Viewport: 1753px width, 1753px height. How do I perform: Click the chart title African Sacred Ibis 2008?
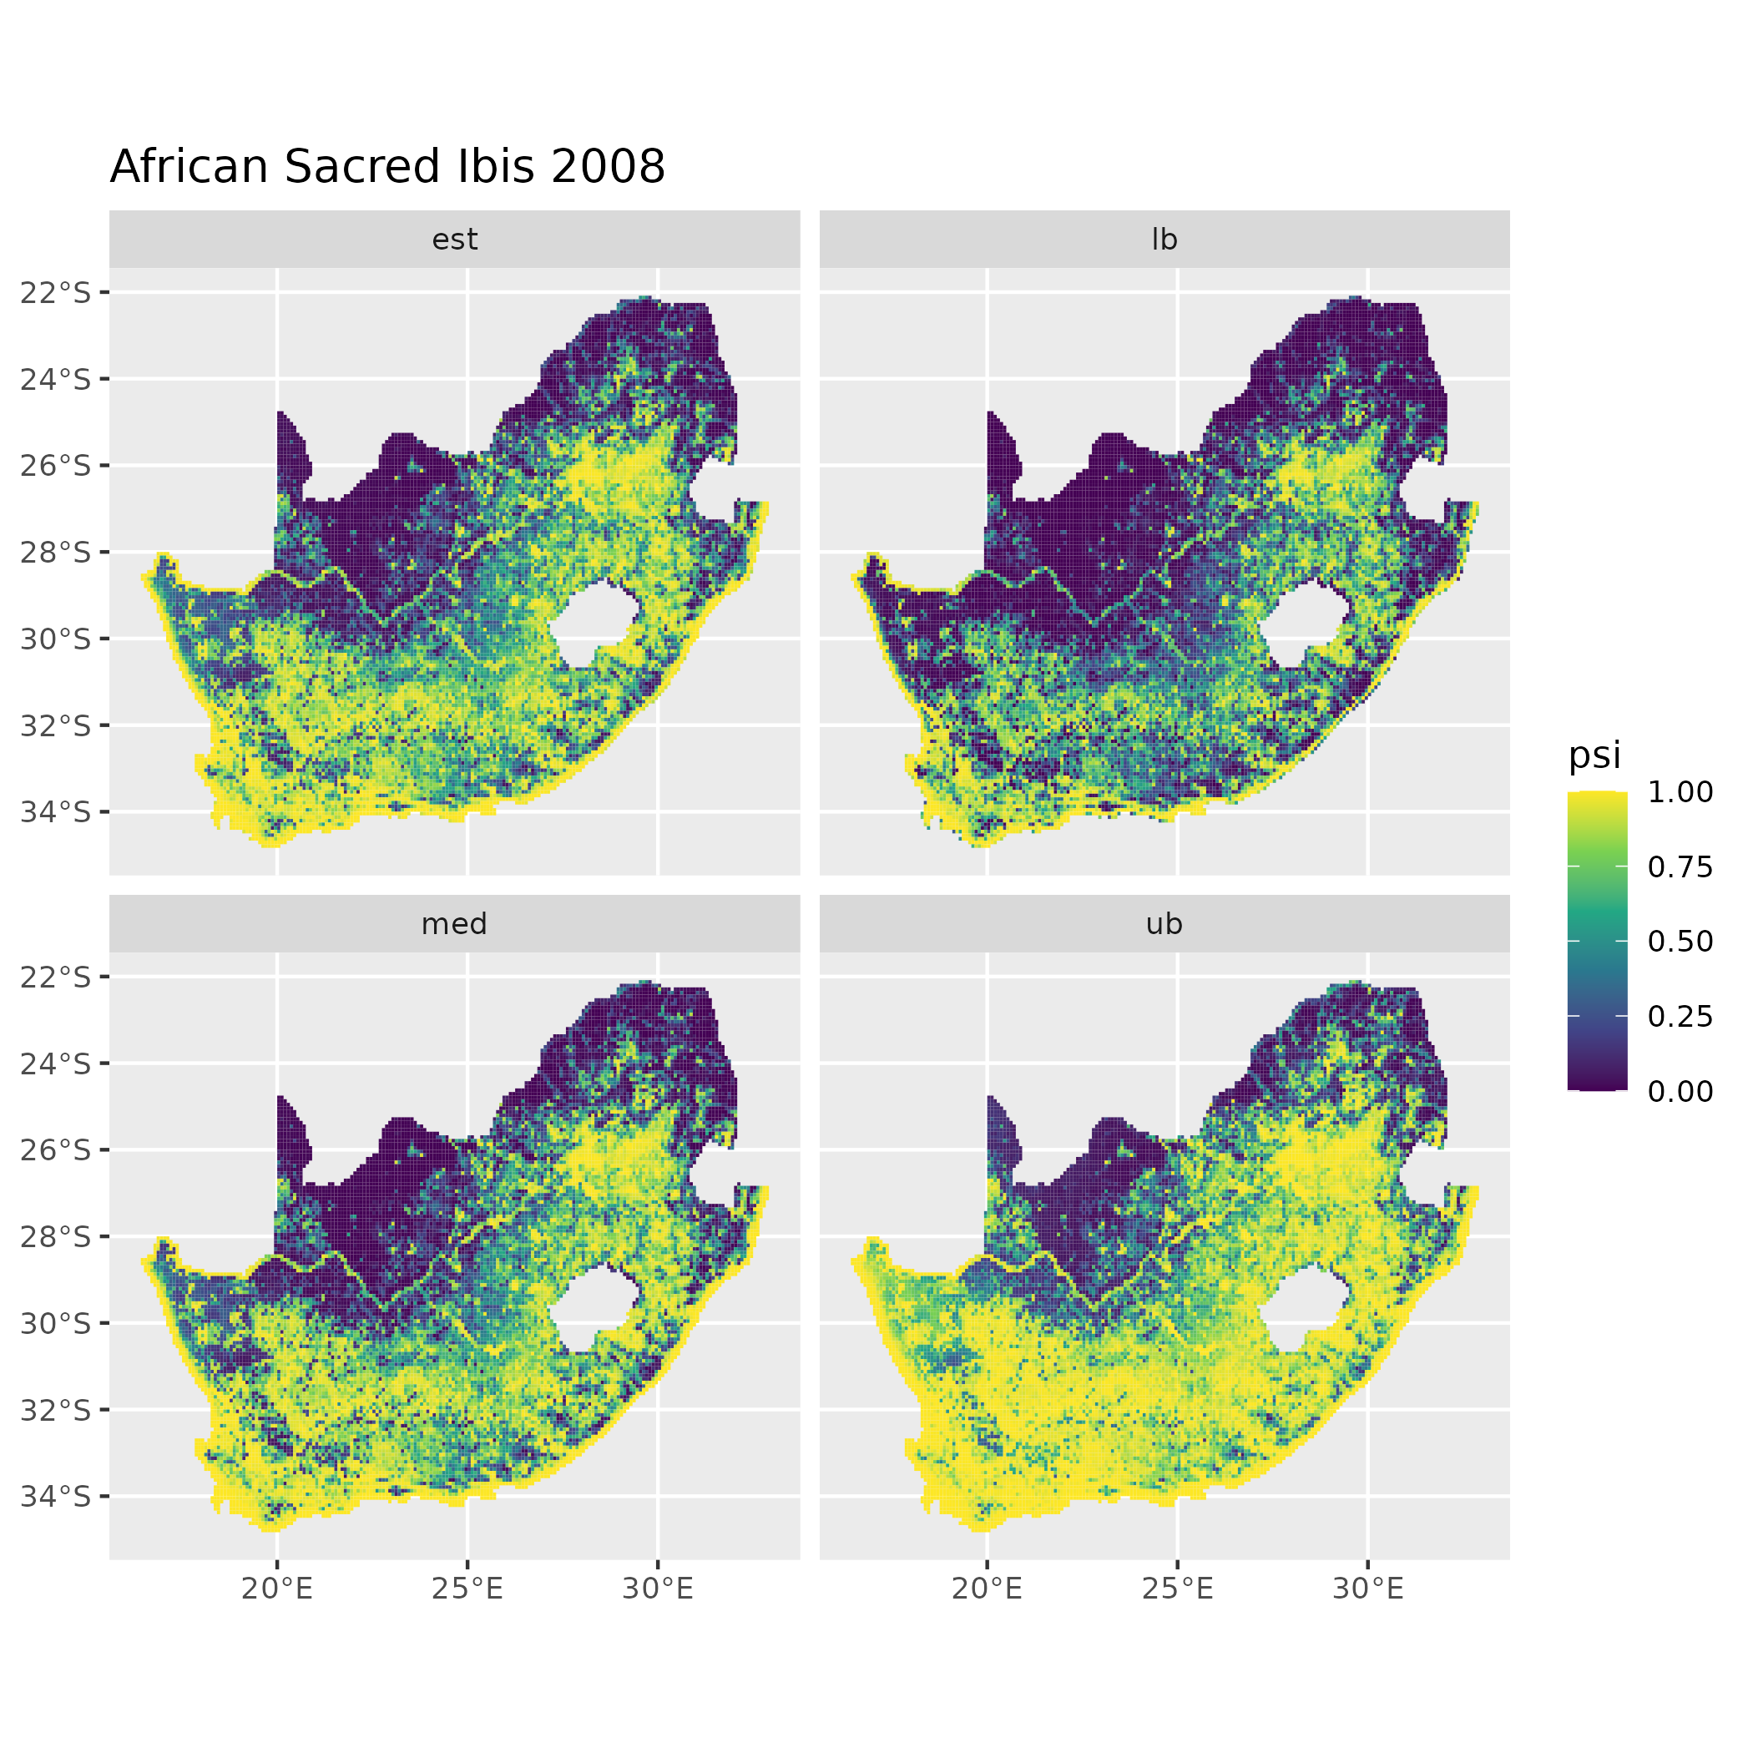(x=387, y=168)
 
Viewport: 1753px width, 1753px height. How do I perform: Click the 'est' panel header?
(x=455, y=240)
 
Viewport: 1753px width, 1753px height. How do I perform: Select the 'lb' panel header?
(x=1164, y=240)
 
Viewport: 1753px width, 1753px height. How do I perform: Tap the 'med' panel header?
(x=455, y=925)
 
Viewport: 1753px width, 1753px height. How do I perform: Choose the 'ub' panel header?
(x=1164, y=925)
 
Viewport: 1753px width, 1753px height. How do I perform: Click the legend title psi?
(x=1594, y=755)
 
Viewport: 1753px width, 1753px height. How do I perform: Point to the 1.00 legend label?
(x=1680, y=792)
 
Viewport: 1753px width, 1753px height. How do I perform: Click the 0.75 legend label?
(x=1680, y=867)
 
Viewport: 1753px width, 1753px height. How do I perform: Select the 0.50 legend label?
(x=1680, y=942)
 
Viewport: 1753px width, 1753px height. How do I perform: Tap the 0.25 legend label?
(x=1680, y=1016)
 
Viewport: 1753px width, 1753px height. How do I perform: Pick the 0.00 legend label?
(x=1680, y=1091)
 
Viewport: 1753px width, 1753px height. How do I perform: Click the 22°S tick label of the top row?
(x=56, y=293)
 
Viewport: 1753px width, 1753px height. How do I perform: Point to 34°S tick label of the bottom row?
(x=56, y=1496)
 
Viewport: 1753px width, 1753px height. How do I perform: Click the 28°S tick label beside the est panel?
(x=56, y=553)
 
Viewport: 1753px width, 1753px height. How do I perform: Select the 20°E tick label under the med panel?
(x=277, y=1589)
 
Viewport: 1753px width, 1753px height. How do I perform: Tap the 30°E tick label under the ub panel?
(x=1367, y=1589)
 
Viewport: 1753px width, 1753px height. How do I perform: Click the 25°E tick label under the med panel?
(x=467, y=1589)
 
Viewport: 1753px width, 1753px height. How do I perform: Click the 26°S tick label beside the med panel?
(x=56, y=1150)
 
